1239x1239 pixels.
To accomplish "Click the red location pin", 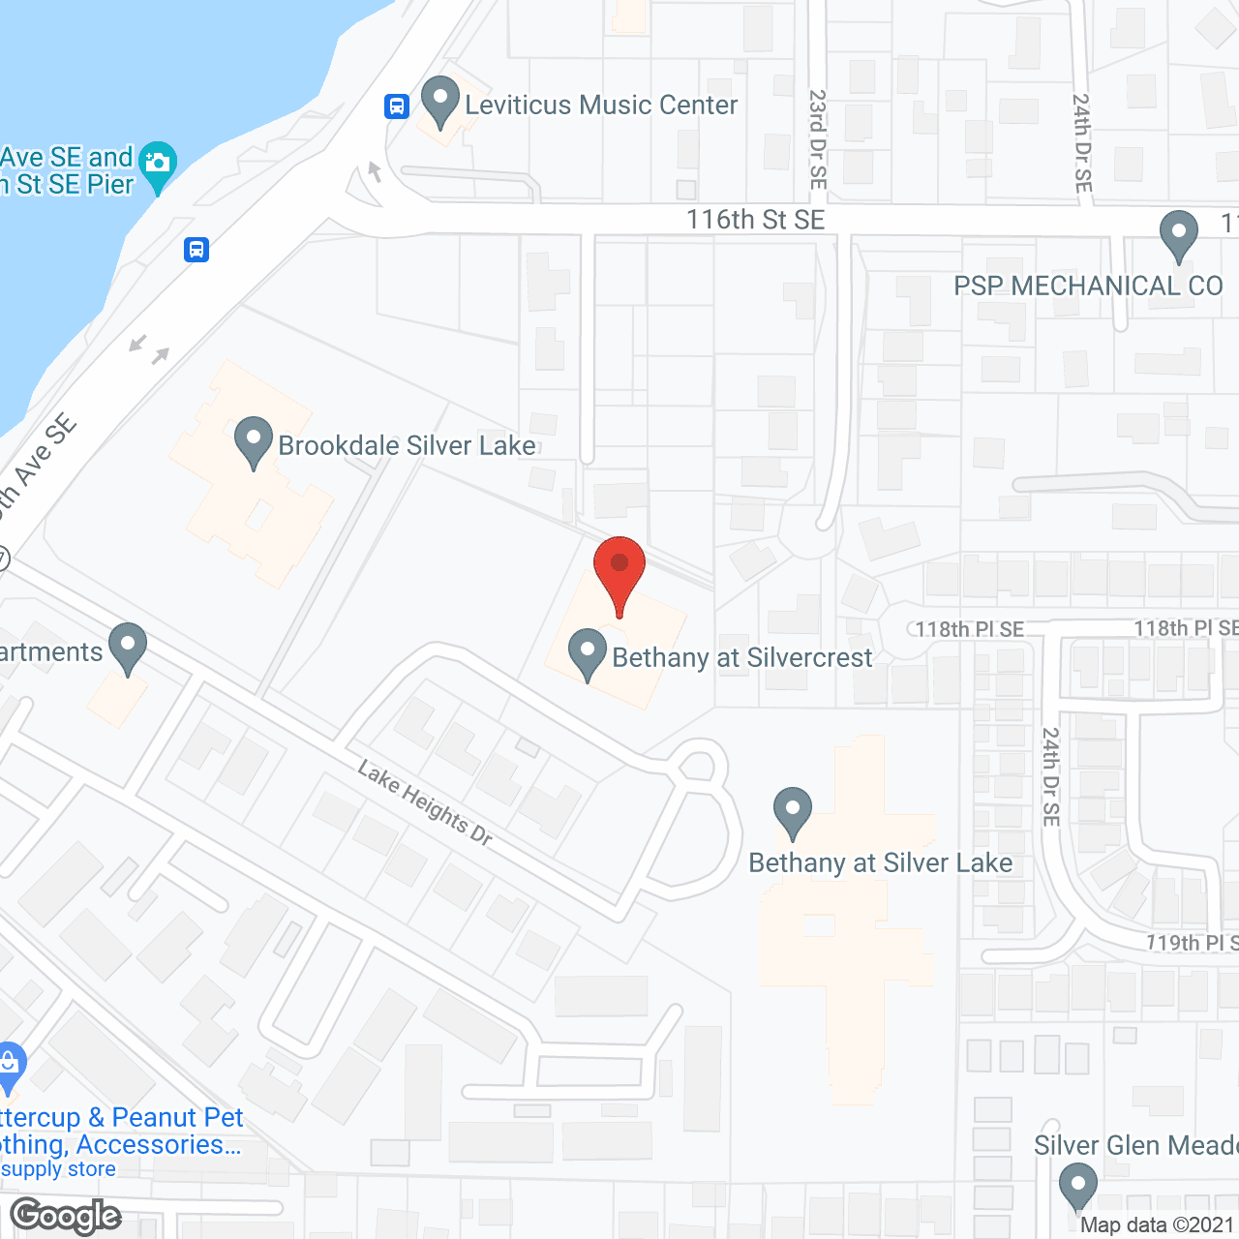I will (619, 571).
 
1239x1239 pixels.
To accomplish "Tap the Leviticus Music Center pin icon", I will (440, 101).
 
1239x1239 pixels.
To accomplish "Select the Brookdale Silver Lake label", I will (407, 445).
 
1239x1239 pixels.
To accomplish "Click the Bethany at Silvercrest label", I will (742, 658).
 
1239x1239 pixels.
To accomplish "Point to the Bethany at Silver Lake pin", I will (793, 812).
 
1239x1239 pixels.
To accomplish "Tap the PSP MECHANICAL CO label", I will (1088, 287).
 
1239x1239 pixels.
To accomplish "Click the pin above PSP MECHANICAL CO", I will (1178, 235).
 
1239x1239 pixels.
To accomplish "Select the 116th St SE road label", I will (755, 220).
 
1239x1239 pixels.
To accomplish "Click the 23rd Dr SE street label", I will (818, 139).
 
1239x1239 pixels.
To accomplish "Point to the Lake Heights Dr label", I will (425, 802).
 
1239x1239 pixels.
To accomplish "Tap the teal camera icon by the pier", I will (158, 166).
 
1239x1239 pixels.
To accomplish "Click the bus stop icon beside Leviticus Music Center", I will (397, 106).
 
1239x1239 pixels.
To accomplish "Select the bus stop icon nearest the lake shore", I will (196, 250).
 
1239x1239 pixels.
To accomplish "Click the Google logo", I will (66, 1216).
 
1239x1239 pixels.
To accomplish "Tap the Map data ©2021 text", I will (1157, 1225).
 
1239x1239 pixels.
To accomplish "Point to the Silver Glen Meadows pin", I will (1077, 1187).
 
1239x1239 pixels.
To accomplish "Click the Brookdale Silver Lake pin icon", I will (254, 441).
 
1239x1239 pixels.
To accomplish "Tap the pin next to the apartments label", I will (128, 648).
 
